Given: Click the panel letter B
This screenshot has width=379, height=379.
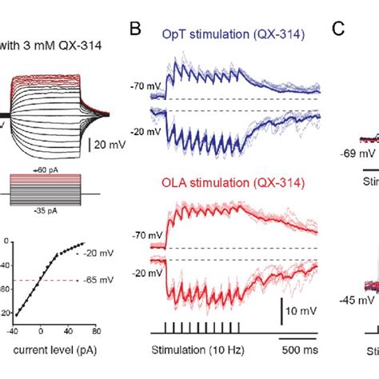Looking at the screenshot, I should pyautogui.click(x=136, y=32).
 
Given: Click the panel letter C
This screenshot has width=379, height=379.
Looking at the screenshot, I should pyautogui.click(x=339, y=32).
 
